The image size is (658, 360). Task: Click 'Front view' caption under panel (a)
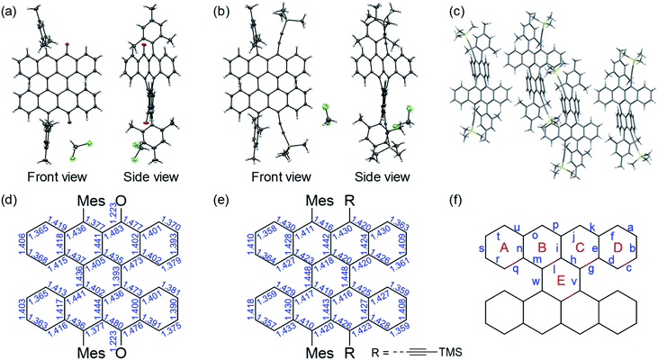pyautogui.click(x=58, y=175)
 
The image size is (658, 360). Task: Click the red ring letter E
pyautogui.click(x=563, y=281)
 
